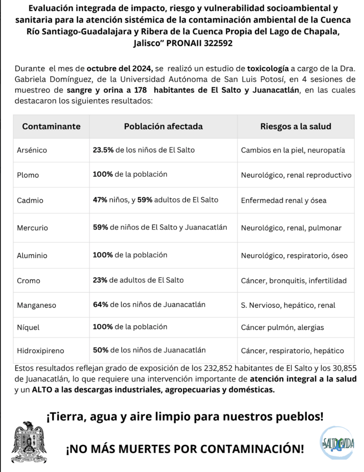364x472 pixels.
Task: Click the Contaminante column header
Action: (52, 126)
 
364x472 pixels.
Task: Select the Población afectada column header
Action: (163, 126)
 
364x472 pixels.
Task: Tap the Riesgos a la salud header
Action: (296, 126)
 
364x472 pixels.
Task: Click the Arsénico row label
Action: (32, 150)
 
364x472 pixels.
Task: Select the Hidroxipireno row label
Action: (41, 351)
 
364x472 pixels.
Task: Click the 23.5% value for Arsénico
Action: (103, 150)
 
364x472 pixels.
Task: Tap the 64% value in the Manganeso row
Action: (100, 304)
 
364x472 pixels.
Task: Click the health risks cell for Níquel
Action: (282, 327)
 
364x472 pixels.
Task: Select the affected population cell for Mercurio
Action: (160, 227)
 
